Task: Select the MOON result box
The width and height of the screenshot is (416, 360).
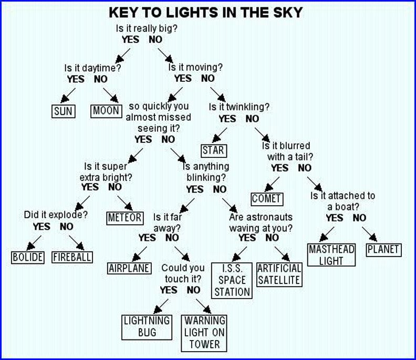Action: tap(106, 111)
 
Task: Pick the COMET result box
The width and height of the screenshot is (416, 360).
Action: tap(267, 199)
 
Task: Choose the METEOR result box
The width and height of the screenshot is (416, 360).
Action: tap(124, 217)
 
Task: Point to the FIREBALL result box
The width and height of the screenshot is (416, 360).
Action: tap(72, 257)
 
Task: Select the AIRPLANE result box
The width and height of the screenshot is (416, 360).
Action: tap(128, 268)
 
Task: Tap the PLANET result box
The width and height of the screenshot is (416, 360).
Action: tap(383, 249)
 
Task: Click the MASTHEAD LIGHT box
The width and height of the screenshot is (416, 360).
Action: tap(332, 255)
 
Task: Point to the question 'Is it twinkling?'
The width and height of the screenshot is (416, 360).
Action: tap(239, 107)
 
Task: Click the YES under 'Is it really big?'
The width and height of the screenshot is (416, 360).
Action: tap(133, 39)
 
